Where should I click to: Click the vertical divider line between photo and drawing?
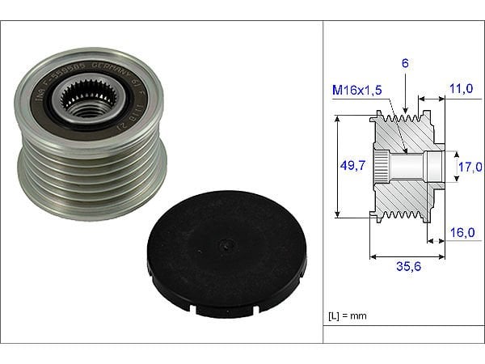coord(324,182)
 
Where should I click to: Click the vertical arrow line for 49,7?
coord(336,167)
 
